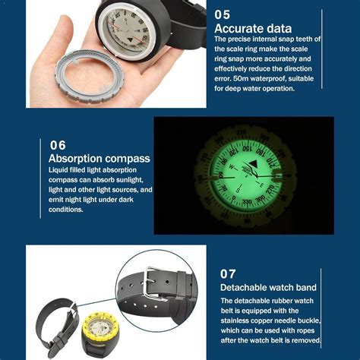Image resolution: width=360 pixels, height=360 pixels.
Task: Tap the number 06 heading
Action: (58, 145)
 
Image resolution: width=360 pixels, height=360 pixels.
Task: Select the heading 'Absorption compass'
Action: (99, 159)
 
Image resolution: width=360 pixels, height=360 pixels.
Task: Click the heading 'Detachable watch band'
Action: (270, 288)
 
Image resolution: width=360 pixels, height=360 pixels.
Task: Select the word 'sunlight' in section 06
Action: (136, 180)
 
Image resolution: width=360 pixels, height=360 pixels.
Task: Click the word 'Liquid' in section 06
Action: (61, 171)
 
